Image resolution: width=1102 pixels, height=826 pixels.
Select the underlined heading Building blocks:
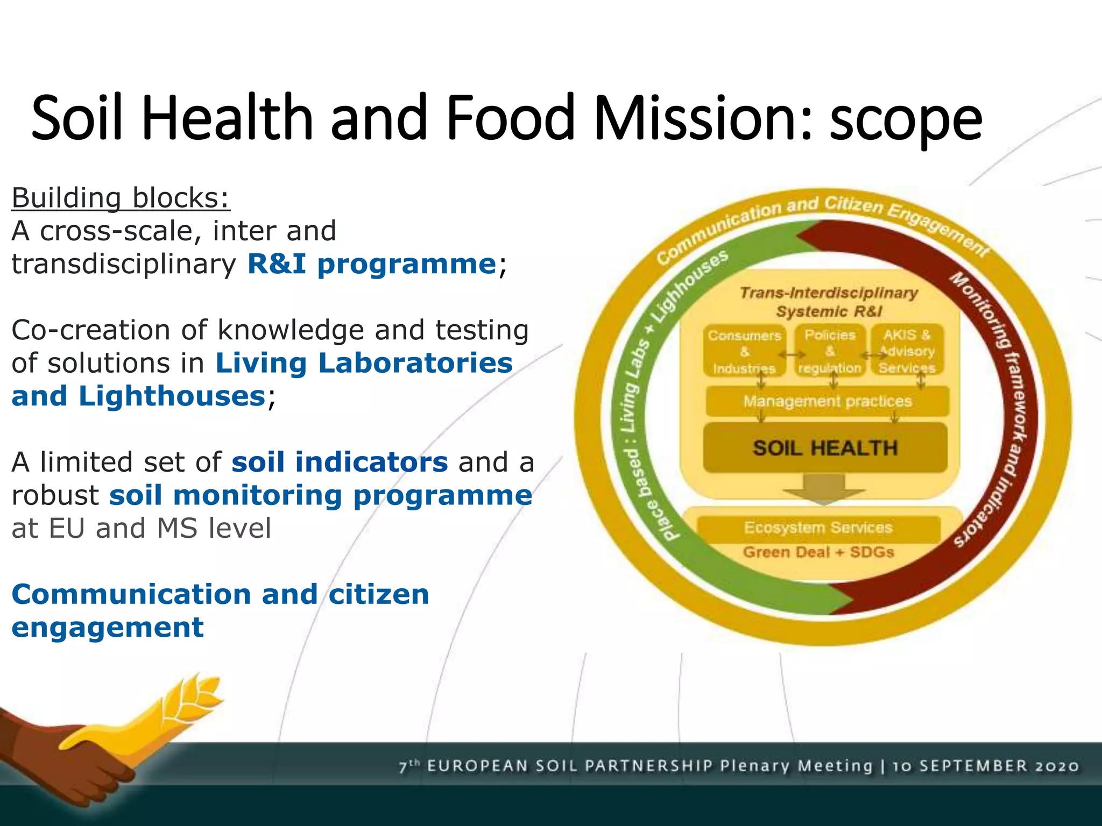tap(121, 198)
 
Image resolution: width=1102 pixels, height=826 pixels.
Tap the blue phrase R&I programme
tap(371, 264)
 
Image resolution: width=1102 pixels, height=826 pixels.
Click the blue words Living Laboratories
tap(364, 363)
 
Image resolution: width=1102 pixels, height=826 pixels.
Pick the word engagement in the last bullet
tap(108, 628)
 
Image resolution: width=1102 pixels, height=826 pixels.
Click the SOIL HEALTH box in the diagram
tap(825, 448)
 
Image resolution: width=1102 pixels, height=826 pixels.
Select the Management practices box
tap(827, 401)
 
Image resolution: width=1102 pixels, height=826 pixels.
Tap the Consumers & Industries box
tap(745, 352)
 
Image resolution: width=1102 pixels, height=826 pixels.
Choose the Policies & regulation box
tap(830, 352)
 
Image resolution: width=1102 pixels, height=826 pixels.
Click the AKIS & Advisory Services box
tap(907, 352)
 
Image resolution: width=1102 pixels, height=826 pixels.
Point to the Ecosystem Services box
tap(818, 528)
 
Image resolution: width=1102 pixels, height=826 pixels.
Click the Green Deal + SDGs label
tap(818, 552)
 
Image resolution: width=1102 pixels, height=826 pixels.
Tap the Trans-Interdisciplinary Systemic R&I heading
tap(829, 302)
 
